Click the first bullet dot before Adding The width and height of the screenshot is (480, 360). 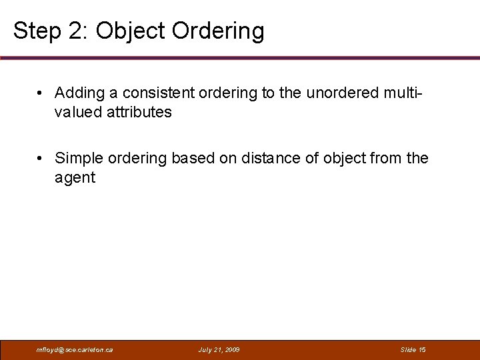click(41, 93)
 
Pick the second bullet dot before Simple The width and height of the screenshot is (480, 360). click(41, 158)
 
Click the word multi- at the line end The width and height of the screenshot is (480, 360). click(405, 93)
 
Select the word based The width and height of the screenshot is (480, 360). click(189, 158)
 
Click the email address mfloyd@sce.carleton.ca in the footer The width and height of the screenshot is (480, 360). click(75, 349)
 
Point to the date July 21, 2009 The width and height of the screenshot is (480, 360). click(219, 349)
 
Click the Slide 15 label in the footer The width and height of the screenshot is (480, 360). click(413, 349)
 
